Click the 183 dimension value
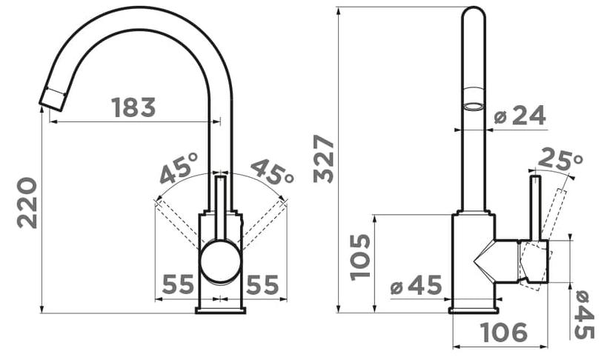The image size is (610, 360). pyautogui.click(x=133, y=107)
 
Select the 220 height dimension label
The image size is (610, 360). pyautogui.click(x=27, y=202)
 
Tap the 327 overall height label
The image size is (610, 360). pyautogui.click(x=324, y=159)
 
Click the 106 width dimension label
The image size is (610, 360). pyautogui.click(x=504, y=333)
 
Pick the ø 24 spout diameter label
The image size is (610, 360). pyautogui.click(x=520, y=116)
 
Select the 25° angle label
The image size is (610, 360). pyautogui.click(x=561, y=159)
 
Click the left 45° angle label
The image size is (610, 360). pyautogui.click(x=179, y=168)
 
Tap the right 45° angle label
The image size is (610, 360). pyautogui.click(x=272, y=171)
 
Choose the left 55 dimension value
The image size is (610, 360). pyautogui.click(x=178, y=284)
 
